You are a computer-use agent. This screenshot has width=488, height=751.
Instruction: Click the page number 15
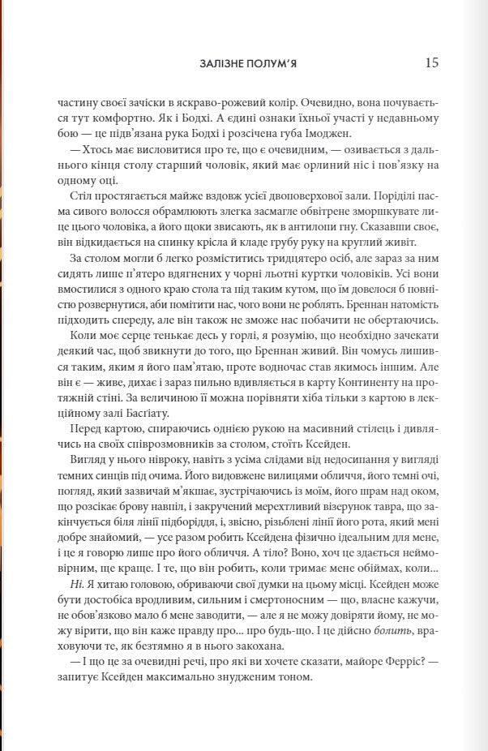431,62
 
